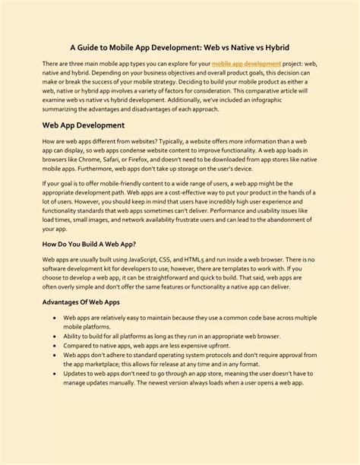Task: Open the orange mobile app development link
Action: pyautogui.click(x=245, y=64)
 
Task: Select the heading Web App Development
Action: pyautogui.click(x=84, y=125)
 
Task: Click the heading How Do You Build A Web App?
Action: pyautogui.click(x=89, y=244)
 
